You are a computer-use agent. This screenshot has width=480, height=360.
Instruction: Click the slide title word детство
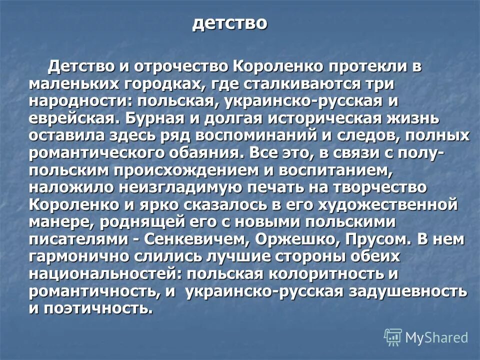[x=230, y=23]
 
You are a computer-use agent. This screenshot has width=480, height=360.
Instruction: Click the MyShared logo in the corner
[x=426, y=337]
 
